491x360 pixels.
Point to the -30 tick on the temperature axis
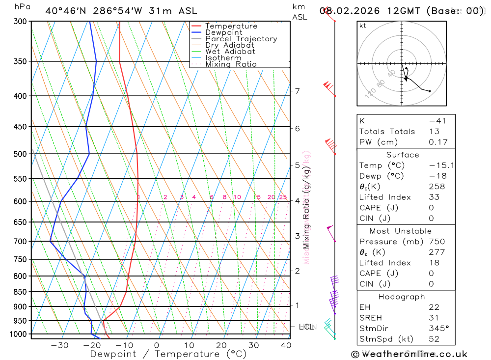pos(59,345)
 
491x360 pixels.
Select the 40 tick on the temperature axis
pos(286,345)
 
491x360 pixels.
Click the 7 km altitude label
pos(298,91)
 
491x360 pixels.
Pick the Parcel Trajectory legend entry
pos(241,39)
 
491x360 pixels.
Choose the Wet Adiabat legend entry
pos(230,52)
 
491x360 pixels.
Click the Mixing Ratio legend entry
pos(231,64)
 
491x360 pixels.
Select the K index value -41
pos(437,121)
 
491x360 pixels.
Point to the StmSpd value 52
pos(434,339)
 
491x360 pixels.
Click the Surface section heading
pos(403,155)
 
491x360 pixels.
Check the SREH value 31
pos(434,318)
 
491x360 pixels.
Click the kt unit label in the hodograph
pos(363,26)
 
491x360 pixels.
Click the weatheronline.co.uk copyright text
pos(409,354)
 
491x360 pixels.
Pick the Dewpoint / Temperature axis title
pos(168,354)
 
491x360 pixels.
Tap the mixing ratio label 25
pos(283,197)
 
